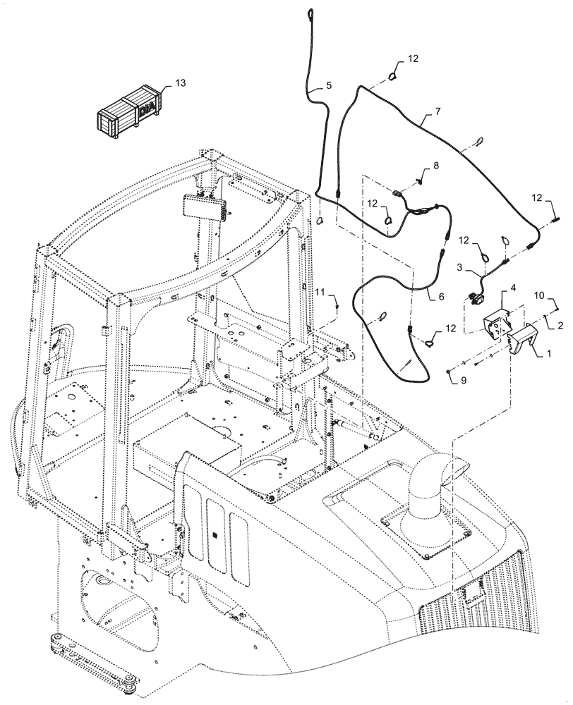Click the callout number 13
point(181,84)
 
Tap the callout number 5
point(328,86)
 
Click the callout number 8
point(435,166)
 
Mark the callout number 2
point(560,326)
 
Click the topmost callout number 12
point(412,59)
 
